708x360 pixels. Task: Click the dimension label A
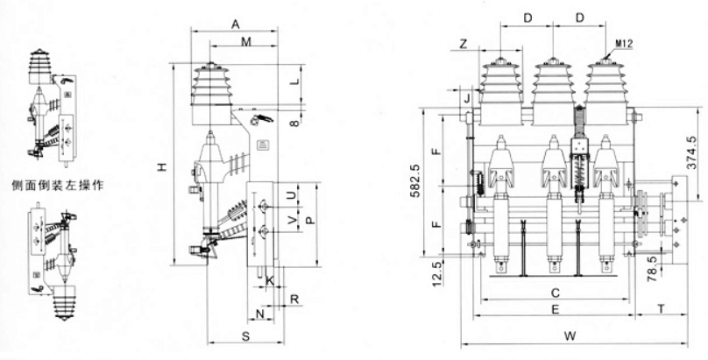[235, 25]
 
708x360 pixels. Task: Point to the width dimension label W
[569, 335]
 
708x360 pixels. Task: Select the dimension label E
[555, 309]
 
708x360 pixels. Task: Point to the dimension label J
[468, 97]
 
